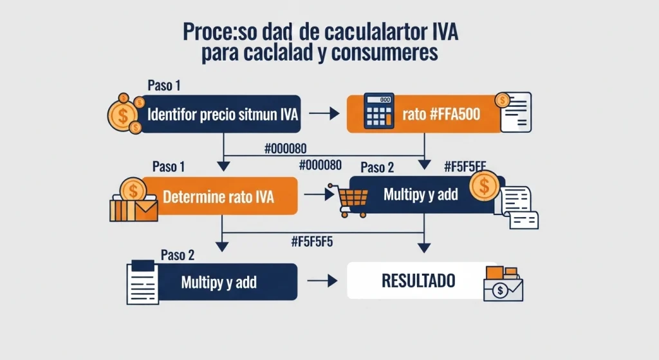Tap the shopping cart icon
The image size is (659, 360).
[346, 196]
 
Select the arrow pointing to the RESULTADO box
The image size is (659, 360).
[322, 281]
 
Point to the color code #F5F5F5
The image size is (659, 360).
[311, 242]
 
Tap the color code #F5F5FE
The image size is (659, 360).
[465, 166]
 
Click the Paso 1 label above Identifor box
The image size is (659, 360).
[164, 86]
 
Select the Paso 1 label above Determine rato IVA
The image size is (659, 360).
[169, 167]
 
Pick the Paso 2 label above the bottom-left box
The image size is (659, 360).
[178, 254]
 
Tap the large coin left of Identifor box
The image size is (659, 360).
[122, 115]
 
